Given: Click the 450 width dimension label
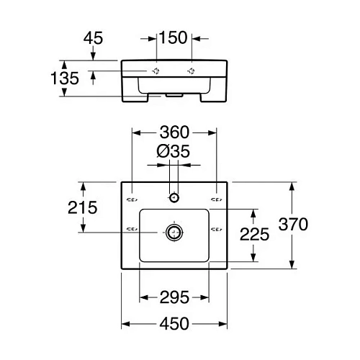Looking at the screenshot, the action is [174, 324].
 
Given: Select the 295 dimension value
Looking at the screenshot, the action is [174, 297].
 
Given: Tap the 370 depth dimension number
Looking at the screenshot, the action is [293, 224].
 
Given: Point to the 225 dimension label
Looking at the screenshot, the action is [254, 234].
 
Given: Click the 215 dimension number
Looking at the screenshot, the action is [83, 207].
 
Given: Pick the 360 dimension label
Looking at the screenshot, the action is [174, 132].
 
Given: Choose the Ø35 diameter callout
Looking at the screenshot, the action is [173, 151].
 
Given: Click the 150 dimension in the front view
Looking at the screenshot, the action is [173, 37].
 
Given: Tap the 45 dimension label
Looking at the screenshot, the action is [93, 38].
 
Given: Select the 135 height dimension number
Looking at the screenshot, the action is [65, 78].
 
